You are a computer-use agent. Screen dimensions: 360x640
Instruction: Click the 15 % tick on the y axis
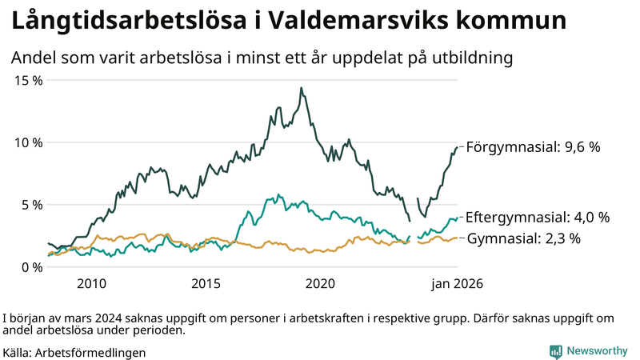pos(26,80)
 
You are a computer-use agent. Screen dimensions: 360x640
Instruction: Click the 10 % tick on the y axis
pos(26,142)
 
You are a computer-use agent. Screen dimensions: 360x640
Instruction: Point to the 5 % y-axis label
pos(30,204)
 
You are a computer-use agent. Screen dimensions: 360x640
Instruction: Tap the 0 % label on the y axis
pos(30,266)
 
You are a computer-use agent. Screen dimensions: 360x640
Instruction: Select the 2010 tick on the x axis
pos(90,283)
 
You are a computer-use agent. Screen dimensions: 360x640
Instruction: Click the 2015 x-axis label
pos(206,283)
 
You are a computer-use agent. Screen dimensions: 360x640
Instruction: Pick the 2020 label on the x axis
pos(321,283)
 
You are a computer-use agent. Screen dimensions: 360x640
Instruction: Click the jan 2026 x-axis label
pos(458,283)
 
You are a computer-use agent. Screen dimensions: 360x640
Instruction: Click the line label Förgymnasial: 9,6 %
pos(533,147)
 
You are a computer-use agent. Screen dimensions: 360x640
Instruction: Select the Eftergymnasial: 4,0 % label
pos(538,217)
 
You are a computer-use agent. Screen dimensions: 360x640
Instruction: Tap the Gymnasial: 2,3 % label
pos(523,238)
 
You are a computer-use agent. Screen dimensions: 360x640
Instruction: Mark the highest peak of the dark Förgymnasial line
pos(301,88)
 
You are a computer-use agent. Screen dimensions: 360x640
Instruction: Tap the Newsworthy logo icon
pos(555,351)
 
